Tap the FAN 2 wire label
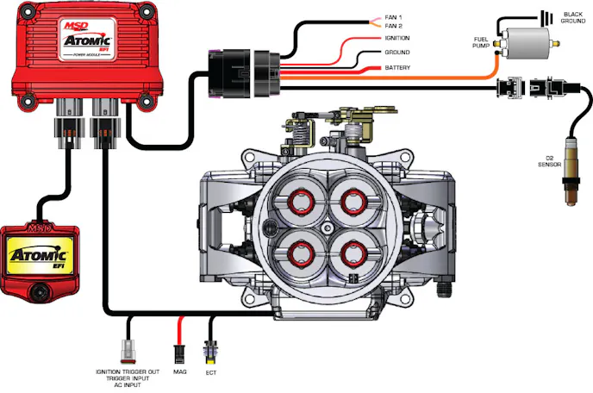(395, 26)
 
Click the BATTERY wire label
(397, 67)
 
